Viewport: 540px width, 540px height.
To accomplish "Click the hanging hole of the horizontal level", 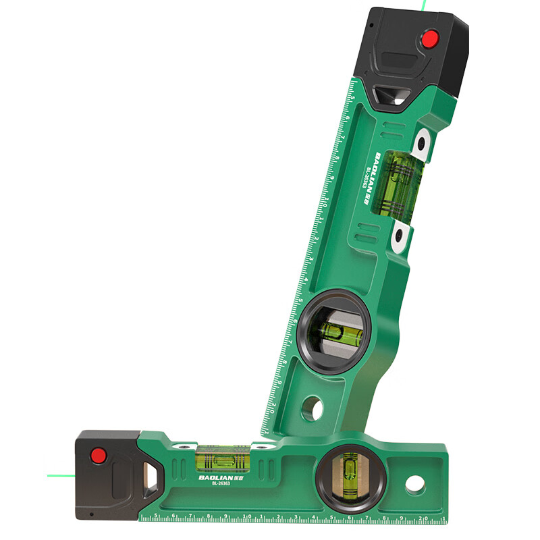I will tap(414, 484).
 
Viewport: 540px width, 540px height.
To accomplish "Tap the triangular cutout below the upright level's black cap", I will tap(394, 97).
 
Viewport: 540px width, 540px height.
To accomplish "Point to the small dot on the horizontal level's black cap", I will tap(91, 514).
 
